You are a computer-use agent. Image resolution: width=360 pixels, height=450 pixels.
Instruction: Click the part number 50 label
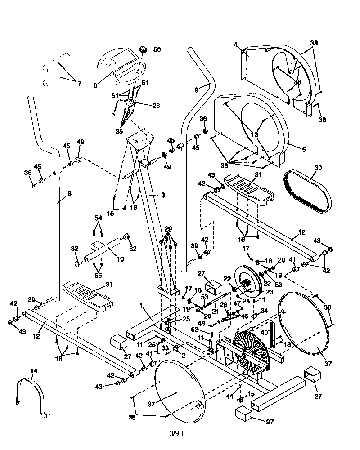157,49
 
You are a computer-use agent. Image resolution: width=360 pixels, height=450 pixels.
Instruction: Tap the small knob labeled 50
144,49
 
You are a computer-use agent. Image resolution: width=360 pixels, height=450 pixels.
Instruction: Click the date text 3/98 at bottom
176,434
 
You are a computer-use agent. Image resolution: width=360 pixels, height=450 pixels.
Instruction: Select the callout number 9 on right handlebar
196,90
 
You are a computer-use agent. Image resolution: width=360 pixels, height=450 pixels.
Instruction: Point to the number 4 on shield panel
235,44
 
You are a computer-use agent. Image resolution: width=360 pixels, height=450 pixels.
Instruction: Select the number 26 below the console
156,106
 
